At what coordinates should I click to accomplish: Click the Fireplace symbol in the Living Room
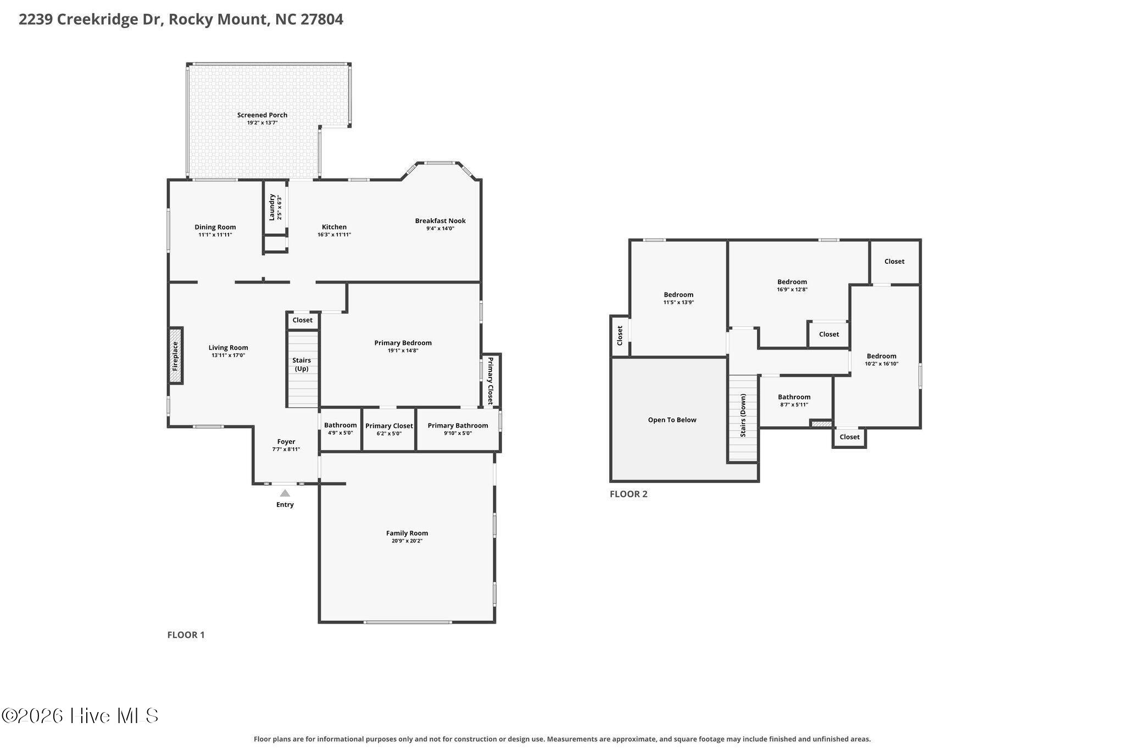tap(175, 355)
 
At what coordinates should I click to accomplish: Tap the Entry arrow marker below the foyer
tap(285, 493)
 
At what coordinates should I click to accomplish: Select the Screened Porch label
tap(262, 115)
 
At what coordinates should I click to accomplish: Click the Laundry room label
tap(271, 207)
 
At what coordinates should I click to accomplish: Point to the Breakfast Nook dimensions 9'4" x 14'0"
tap(440, 228)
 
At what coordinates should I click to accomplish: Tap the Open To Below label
tap(672, 420)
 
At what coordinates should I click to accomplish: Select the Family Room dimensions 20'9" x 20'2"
tap(407, 541)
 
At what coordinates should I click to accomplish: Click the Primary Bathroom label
tap(458, 425)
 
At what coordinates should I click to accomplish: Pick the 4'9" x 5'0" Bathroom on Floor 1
tap(341, 429)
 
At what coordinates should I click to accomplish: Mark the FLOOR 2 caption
tap(628, 494)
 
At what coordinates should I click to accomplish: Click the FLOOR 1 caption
tap(186, 635)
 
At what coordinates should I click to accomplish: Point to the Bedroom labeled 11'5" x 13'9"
tap(678, 298)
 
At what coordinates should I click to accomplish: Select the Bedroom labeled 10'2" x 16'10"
tap(882, 359)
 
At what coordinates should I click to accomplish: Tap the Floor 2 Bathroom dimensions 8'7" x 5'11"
tap(794, 405)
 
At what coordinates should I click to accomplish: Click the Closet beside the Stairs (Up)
tap(303, 320)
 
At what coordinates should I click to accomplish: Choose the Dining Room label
tap(215, 227)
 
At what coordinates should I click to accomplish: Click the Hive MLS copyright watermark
tap(80, 716)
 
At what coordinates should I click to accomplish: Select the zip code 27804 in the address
tap(322, 19)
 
